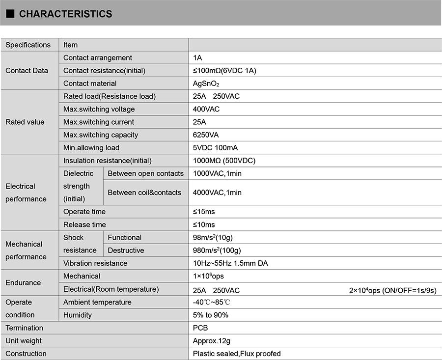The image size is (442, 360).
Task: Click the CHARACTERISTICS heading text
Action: click(x=65, y=14)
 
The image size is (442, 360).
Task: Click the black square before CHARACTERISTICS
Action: click(x=10, y=14)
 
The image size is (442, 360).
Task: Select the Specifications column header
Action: click(x=28, y=45)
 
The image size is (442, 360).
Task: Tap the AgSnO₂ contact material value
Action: click(x=206, y=83)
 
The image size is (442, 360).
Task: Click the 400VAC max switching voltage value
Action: click(x=206, y=109)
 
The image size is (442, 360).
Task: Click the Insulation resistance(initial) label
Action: click(x=107, y=161)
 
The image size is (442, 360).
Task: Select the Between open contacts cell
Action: click(x=145, y=173)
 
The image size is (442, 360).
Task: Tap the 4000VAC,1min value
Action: click(x=217, y=193)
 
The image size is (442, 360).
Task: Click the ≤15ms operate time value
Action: click(x=204, y=212)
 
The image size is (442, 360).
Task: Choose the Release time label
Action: click(x=84, y=224)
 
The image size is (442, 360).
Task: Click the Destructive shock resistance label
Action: click(x=126, y=250)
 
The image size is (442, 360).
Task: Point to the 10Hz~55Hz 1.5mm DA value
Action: click(x=230, y=263)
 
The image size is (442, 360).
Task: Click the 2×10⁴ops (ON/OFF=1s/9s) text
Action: click(x=392, y=290)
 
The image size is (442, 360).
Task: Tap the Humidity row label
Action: click(x=78, y=315)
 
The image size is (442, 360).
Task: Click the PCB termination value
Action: click(x=200, y=328)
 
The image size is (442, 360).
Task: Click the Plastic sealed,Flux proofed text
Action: click(x=237, y=354)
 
